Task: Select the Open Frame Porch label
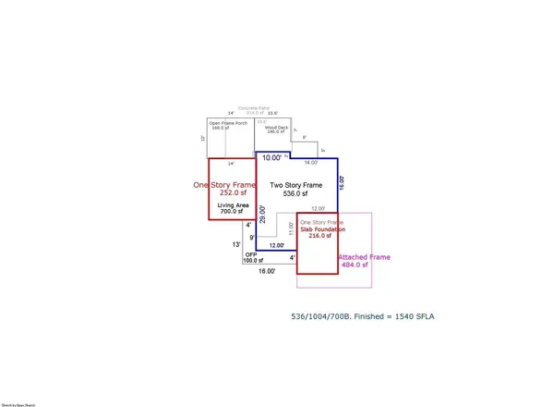(x=228, y=122)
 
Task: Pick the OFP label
(x=249, y=253)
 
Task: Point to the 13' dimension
(x=236, y=244)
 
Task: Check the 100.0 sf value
(x=253, y=261)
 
